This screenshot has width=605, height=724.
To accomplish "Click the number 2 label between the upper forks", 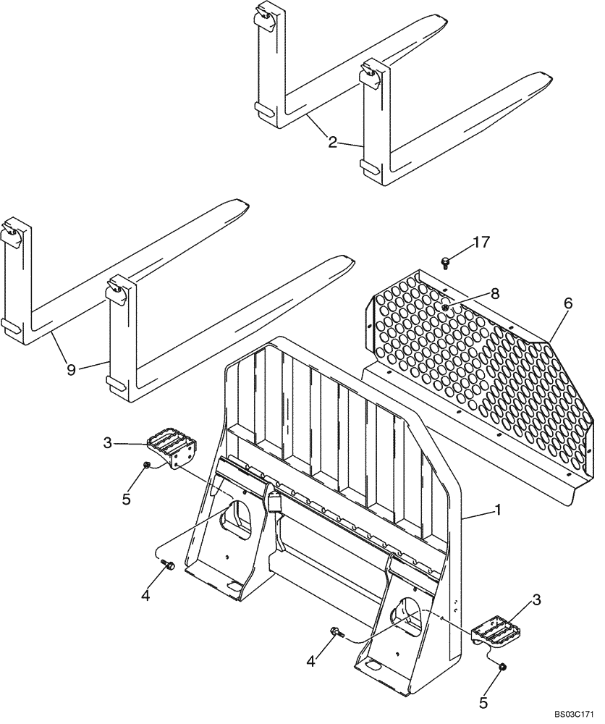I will [x=332, y=143].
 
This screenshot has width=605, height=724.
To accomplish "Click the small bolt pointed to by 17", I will [x=446, y=260].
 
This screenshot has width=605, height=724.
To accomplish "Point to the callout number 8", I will [x=475, y=294].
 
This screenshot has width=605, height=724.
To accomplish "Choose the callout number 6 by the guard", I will [x=568, y=304].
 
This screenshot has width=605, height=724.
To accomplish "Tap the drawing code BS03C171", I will [x=573, y=714].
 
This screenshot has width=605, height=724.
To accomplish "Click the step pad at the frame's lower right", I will [x=494, y=631].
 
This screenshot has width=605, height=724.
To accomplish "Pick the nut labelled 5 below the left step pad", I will [x=147, y=465].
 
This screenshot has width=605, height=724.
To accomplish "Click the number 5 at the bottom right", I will [x=484, y=702].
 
